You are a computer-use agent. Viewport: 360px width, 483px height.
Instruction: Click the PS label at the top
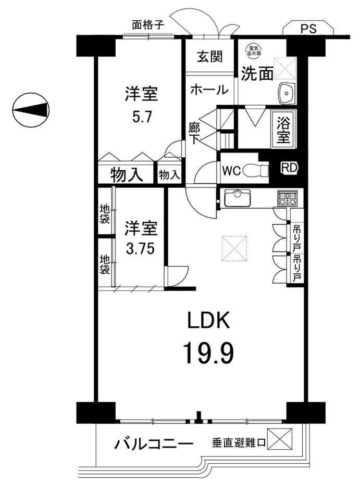pos(308,29)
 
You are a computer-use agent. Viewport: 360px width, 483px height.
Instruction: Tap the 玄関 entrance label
pos(209,57)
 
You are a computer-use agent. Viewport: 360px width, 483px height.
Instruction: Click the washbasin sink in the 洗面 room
pos(287,93)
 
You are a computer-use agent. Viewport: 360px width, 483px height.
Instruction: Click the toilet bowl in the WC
pos(256,170)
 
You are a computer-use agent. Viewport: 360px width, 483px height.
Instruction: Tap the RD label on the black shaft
pos(290,168)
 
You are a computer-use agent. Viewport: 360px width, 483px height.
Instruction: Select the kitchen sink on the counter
pos(238,198)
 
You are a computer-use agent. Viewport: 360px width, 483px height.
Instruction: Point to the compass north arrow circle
pos(31,110)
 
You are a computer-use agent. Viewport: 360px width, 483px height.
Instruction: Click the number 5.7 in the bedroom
pos(142,117)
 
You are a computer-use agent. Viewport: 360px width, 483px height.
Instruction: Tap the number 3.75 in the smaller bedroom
pos(140,248)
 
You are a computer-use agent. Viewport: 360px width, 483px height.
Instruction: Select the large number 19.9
pos(209,353)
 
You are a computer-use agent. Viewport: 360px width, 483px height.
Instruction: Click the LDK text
pos(209,321)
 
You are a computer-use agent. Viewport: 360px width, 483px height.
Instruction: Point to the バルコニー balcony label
pos(154,444)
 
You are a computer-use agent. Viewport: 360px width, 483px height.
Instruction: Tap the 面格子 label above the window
pos(147,24)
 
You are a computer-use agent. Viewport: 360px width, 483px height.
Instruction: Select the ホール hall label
pos(209,90)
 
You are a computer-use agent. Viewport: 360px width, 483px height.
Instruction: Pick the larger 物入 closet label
pos(127,175)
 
